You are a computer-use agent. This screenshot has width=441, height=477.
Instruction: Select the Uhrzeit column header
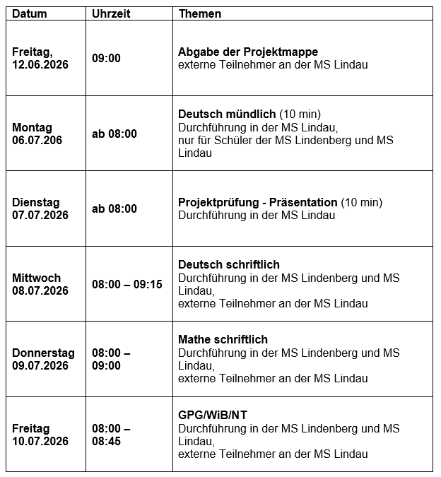(111, 14)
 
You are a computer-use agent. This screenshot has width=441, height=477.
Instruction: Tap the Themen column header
(200, 14)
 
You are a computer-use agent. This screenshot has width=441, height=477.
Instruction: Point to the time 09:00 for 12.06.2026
(106, 58)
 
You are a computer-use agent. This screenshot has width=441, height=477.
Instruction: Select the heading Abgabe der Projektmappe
(248, 52)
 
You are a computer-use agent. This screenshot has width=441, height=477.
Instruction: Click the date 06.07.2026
(37, 140)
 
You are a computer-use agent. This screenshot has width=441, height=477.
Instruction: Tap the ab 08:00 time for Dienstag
(114, 208)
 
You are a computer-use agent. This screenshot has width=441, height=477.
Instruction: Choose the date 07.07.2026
(40, 215)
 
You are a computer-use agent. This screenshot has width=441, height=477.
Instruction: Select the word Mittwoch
(36, 278)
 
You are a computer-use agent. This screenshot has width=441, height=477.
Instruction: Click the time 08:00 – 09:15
(127, 284)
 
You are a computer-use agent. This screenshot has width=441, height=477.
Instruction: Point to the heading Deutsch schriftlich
(229, 265)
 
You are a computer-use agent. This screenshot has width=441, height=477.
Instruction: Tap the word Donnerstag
(43, 353)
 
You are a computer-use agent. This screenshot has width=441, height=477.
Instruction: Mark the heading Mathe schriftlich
(223, 340)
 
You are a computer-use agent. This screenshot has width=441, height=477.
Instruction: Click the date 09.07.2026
(40, 365)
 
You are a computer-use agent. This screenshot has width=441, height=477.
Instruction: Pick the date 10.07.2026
(40, 441)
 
